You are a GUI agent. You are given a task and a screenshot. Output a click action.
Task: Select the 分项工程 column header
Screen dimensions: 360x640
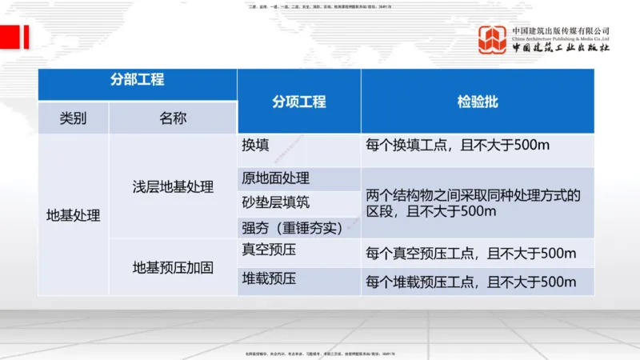(x=298, y=102)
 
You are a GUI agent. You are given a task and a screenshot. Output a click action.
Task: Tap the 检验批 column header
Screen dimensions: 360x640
(x=477, y=102)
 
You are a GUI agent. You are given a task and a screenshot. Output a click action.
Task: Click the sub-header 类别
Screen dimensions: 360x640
(x=73, y=118)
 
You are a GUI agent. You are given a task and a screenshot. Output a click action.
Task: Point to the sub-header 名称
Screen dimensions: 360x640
(x=173, y=118)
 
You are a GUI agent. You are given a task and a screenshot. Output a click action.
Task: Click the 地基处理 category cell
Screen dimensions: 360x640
(x=73, y=214)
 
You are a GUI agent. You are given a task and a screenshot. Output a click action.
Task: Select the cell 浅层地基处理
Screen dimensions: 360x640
(x=173, y=187)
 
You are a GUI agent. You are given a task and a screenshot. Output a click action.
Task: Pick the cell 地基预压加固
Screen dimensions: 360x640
(x=173, y=268)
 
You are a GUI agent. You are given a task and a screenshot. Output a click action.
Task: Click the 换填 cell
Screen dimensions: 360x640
(x=255, y=146)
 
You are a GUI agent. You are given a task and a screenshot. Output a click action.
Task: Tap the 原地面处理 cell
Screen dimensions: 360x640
(x=275, y=178)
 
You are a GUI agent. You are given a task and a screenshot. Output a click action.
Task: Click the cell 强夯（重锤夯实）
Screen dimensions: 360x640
(x=292, y=227)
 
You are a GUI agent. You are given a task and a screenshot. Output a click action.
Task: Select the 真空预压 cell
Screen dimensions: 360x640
(x=269, y=250)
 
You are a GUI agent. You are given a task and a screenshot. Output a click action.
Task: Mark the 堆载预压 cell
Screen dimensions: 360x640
(x=269, y=279)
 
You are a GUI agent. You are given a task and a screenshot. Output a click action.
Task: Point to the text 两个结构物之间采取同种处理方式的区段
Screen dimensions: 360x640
(x=472, y=195)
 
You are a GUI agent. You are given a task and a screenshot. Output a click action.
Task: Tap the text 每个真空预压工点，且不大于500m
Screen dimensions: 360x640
(x=470, y=254)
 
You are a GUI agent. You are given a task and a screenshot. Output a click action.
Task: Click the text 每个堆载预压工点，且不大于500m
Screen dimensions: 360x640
(x=470, y=282)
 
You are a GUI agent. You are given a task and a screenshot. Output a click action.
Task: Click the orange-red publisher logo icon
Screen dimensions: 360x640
(x=493, y=40)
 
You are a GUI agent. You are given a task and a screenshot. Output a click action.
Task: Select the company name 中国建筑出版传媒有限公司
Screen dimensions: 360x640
(x=561, y=30)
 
